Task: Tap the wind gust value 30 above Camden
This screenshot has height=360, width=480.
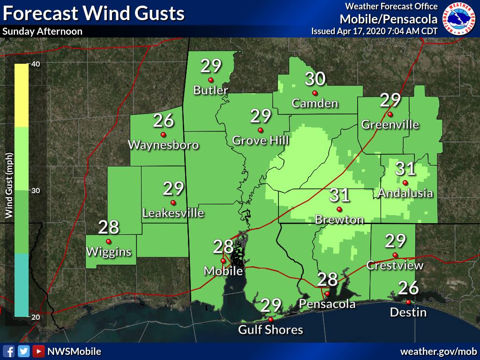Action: click(x=315, y=79)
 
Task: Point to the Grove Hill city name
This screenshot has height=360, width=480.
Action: click(x=261, y=140)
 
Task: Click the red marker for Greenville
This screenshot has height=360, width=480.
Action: click(x=390, y=114)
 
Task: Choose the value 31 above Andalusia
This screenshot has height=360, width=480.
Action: click(x=406, y=168)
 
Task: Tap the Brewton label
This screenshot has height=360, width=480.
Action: click(x=339, y=219)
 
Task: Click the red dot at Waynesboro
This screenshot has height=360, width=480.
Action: click(x=163, y=134)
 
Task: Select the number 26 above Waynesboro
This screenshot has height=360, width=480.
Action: click(x=164, y=121)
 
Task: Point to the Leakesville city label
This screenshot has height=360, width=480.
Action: click(x=173, y=213)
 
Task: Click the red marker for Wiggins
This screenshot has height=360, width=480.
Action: click(x=108, y=241)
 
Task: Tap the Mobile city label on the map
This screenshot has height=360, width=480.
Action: click(x=223, y=271)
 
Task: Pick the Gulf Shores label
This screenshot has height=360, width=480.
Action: click(x=270, y=330)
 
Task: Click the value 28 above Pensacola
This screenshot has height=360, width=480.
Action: click(x=328, y=280)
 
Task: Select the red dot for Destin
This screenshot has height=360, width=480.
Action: click(x=408, y=302)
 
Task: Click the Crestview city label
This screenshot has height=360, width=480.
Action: click(x=395, y=265)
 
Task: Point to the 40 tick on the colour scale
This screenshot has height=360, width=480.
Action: click(x=35, y=64)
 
